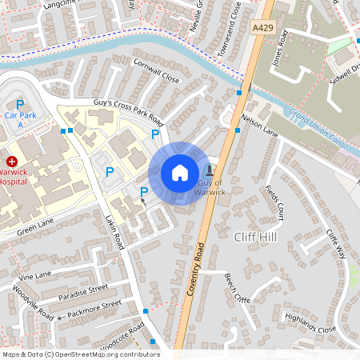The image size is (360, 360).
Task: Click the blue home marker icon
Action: (x=180, y=173)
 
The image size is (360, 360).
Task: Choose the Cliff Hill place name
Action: (x=256, y=238)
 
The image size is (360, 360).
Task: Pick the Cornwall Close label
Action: (x=156, y=74)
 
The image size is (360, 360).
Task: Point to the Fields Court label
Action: (x=274, y=203)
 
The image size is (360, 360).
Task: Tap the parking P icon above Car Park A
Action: (x=19, y=104)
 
